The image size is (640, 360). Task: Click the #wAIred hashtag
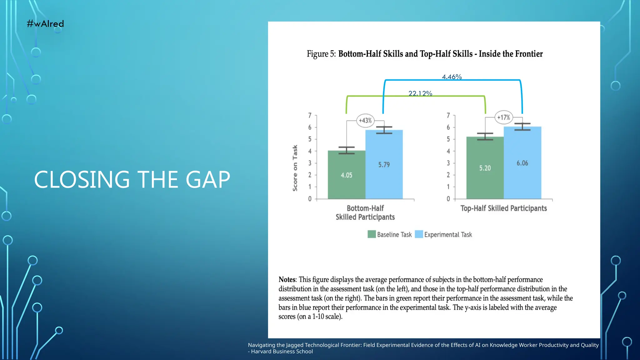pos(45,24)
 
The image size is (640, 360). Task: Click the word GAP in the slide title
pos(207,180)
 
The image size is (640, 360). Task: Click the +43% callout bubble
pos(365,120)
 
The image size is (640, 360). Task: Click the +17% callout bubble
pos(503,117)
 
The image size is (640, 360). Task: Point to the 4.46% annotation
pos(452,77)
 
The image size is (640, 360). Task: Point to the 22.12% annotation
pos(420,93)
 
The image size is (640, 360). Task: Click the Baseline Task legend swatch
pos(372,234)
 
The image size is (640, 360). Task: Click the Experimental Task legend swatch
pos(419,234)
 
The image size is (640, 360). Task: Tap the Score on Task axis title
pos(295,168)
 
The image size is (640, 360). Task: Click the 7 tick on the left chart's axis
pos(310,115)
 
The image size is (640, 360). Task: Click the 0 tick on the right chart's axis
pos(448,199)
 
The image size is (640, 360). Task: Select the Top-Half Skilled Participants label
pos(503,208)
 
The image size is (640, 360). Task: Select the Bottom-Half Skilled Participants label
pos(365,212)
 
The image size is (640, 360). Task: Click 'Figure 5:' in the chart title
pos(321,54)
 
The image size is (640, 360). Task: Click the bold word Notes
pos(287,279)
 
